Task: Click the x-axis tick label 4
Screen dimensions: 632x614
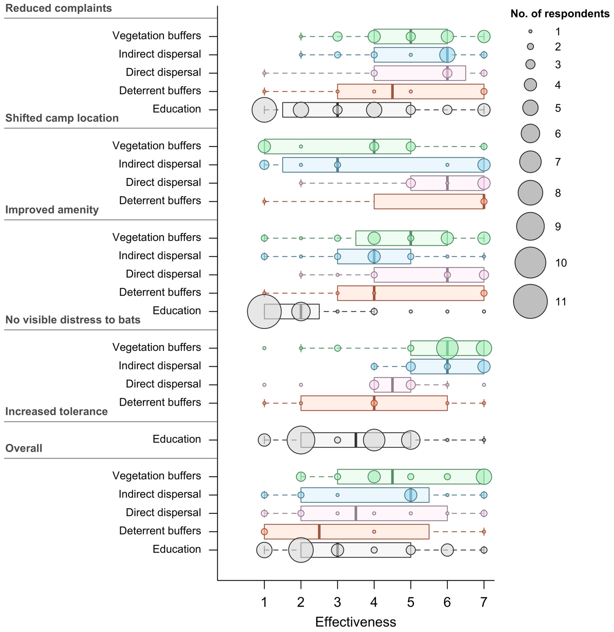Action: tap(374, 602)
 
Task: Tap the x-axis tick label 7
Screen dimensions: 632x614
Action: tap(483, 602)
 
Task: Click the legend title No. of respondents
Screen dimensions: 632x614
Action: tap(560, 14)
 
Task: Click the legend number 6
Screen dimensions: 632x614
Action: tap(558, 134)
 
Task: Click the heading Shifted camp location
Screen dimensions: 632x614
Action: tap(62, 118)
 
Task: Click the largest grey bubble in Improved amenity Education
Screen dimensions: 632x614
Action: tap(264, 311)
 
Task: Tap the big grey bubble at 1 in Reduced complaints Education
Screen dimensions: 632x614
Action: tap(264, 110)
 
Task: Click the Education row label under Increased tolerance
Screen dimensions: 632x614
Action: tap(176, 439)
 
